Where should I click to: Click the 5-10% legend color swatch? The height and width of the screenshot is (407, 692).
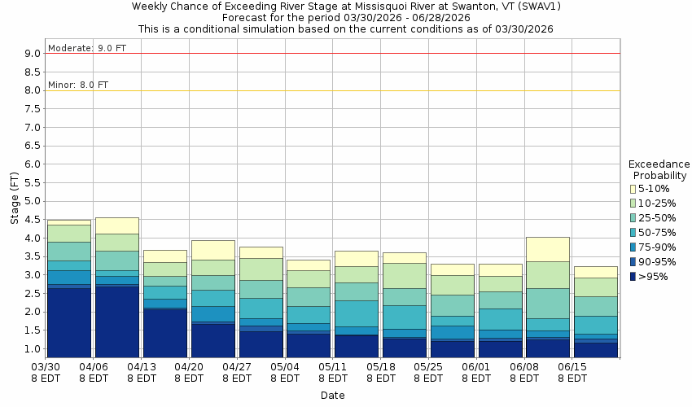click(x=633, y=189)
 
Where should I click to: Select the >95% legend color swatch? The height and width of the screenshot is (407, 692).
click(x=633, y=276)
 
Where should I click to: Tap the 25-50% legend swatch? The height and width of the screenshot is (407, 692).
click(x=633, y=218)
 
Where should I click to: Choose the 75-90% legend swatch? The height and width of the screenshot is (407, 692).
click(x=633, y=247)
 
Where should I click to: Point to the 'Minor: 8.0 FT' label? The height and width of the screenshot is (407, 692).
click(x=77, y=85)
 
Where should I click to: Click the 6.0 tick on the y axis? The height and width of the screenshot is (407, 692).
click(x=33, y=164)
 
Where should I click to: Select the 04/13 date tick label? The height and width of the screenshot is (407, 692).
click(x=142, y=373)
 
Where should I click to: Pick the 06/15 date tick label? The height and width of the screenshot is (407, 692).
click(x=572, y=373)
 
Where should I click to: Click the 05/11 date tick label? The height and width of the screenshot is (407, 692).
click(x=334, y=373)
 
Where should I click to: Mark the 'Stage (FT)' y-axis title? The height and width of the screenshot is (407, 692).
click(x=14, y=198)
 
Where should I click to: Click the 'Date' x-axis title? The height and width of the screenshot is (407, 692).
click(x=332, y=396)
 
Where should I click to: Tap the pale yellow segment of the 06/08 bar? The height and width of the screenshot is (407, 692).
click(x=548, y=249)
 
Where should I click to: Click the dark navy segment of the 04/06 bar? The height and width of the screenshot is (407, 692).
click(x=116, y=321)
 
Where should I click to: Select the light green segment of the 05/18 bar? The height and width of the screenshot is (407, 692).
click(x=405, y=275)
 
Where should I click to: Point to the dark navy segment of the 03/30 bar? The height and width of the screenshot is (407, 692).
click(x=69, y=322)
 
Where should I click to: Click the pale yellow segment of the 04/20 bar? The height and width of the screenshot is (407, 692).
click(x=213, y=250)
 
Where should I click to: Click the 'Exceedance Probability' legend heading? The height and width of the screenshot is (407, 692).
click(x=659, y=169)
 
